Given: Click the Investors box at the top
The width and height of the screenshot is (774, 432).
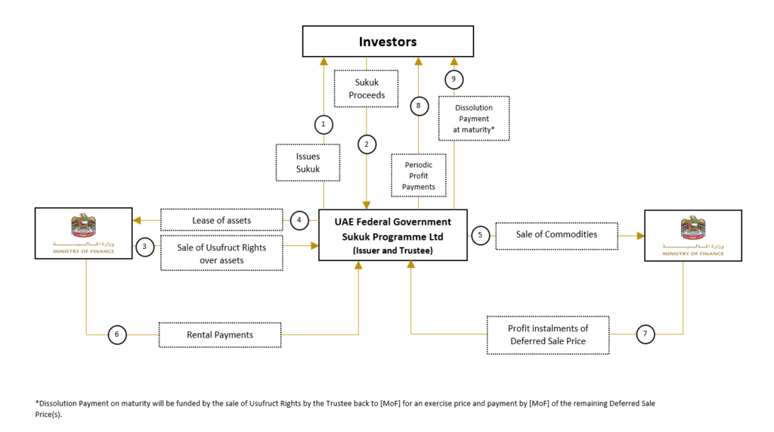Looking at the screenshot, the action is pyautogui.click(x=388, y=42).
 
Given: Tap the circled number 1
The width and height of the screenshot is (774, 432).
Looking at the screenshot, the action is pyautogui.click(x=324, y=124).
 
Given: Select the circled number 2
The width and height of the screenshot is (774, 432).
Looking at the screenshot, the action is pyautogui.click(x=367, y=145).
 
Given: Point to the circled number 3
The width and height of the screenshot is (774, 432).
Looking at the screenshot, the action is pyautogui.click(x=144, y=247).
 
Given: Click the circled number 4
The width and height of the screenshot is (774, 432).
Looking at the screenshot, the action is pyautogui.click(x=299, y=220).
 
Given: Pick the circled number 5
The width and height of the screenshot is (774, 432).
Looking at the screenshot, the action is pyautogui.click(x=480, y=235).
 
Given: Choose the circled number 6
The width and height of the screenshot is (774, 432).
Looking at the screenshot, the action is pyautogui.click(x=117, y=334).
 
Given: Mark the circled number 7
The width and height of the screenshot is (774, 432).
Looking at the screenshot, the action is pyautogui.click(x=646, y=334).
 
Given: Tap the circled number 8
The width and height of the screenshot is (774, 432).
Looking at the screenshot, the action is pyautogui.click(x=419, y=106).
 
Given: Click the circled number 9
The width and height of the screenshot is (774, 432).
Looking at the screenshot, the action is pyautogui.click(x=454, y=79).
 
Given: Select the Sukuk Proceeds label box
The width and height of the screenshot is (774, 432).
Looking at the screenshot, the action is pyautogui.click(x=367, y=89).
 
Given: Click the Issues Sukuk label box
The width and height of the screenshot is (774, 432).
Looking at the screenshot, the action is pyautogui.click(x=308, y=163).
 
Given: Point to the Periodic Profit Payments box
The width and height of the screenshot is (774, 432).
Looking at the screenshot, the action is pyautogui.click(x=419, y=176).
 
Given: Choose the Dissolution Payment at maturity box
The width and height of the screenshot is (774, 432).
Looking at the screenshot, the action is pyautogui.click(x=474, y=119).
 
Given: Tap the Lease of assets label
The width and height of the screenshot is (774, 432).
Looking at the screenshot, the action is pyautogui.click(x=221, y=220).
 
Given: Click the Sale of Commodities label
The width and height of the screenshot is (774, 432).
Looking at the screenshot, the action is pyautogui.click(x=557, y=235).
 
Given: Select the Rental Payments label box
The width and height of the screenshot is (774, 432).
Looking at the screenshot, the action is pyautogui.click(x=220, y=335).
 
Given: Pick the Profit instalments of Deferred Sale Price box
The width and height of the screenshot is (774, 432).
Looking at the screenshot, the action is pyautogui.click(x=548, y=335).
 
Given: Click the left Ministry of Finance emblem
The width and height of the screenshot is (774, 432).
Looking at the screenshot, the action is pyautogui.click(x=83, y=226).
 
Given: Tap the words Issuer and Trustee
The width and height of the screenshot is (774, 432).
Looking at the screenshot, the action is pyautogui.click(x=393, y=250).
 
